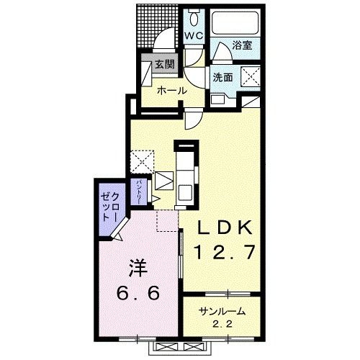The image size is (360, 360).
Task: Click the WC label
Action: tap(194, 36)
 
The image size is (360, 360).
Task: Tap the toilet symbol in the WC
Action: tap(194, 17)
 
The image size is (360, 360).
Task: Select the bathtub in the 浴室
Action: tap(235, 23)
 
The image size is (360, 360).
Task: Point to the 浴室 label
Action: tap(242, 45)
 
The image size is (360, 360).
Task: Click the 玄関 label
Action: tap(164, 64)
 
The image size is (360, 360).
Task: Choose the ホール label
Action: tap(172, 91)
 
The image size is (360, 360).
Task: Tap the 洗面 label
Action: tap(223, 77)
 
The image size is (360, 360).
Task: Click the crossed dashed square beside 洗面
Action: tap(251, 77)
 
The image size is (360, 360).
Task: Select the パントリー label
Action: tap(139, 192)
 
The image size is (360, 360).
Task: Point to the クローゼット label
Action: tap(109, 207)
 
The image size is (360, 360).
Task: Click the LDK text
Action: tap(225, 228)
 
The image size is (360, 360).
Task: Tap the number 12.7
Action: tap(225, 252)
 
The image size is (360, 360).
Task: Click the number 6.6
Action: tap(138, 292)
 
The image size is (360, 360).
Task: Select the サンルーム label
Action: tap(222, 312)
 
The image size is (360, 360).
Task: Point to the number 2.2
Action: tap(222, 325)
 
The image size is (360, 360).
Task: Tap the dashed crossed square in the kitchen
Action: tap(142, 161)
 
